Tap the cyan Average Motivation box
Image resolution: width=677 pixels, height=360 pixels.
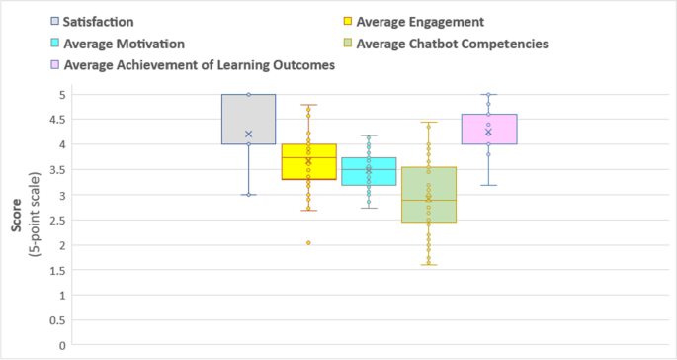(x=369, y=171)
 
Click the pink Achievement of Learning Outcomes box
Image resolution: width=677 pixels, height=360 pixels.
(x=489, y=129)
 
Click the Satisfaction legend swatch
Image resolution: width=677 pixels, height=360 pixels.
(x=53, y=21)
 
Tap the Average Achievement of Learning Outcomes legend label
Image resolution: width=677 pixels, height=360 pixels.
(x=199, y=65)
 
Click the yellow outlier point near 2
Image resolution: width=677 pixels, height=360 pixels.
(x=308, y=242)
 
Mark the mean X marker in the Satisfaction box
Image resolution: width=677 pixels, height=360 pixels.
(x=248, y=135)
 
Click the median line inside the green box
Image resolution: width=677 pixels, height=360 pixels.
(x=428, y=200)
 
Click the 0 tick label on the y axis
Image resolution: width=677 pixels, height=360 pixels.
(x=61, y=346)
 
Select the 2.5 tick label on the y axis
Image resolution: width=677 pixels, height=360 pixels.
(x=59, y=221)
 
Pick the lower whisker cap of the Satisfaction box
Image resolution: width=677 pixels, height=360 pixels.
(x=248, y=195)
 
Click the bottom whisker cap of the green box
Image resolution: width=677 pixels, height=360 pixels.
(x=428, y=265)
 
